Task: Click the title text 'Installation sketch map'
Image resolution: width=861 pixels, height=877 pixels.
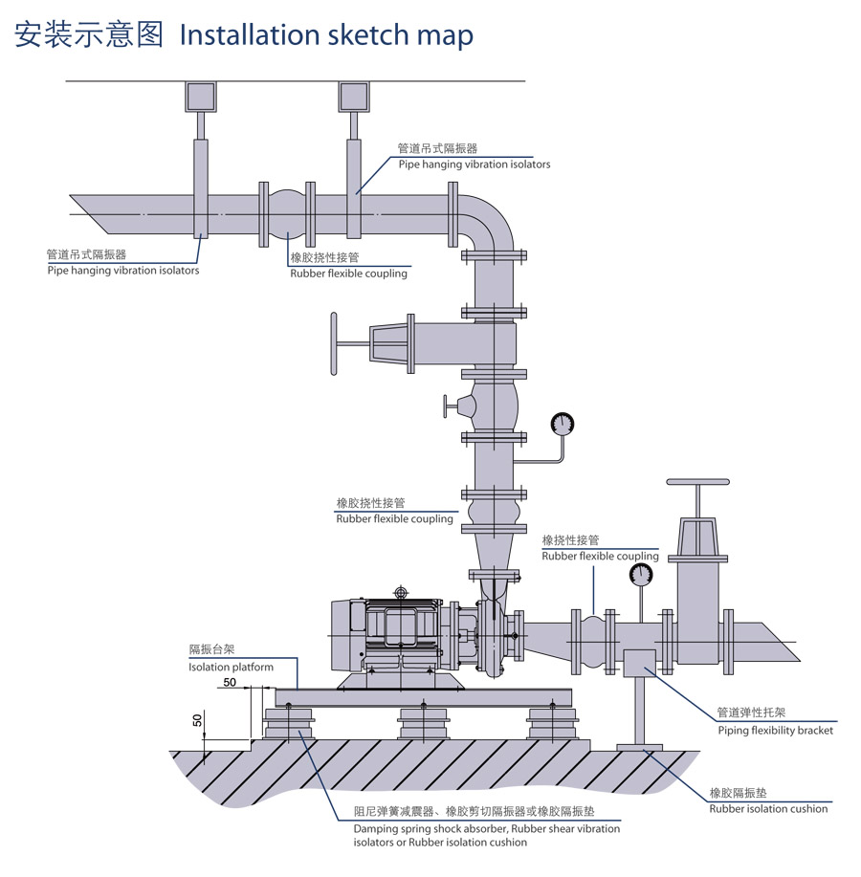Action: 326,35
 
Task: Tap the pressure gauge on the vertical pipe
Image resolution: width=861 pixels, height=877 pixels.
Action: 562,423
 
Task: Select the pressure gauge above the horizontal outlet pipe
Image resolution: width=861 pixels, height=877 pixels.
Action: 640,574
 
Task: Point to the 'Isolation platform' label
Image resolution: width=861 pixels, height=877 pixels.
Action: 231,667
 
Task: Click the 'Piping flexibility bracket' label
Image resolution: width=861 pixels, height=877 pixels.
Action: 775,730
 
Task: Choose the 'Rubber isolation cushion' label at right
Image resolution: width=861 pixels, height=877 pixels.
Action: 768,808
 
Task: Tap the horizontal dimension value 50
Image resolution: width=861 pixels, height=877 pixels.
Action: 230,682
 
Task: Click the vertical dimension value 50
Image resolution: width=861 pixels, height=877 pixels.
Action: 198,719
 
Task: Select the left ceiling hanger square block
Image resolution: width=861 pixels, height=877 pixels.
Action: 201,97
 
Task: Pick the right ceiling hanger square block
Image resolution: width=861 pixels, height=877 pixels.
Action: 354,97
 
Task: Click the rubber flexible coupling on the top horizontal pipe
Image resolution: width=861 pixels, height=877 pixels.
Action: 286,214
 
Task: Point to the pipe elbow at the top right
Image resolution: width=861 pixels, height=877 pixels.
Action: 489,220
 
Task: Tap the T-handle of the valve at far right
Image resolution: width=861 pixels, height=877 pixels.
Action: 696,483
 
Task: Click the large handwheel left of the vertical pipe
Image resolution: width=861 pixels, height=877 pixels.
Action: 334,344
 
